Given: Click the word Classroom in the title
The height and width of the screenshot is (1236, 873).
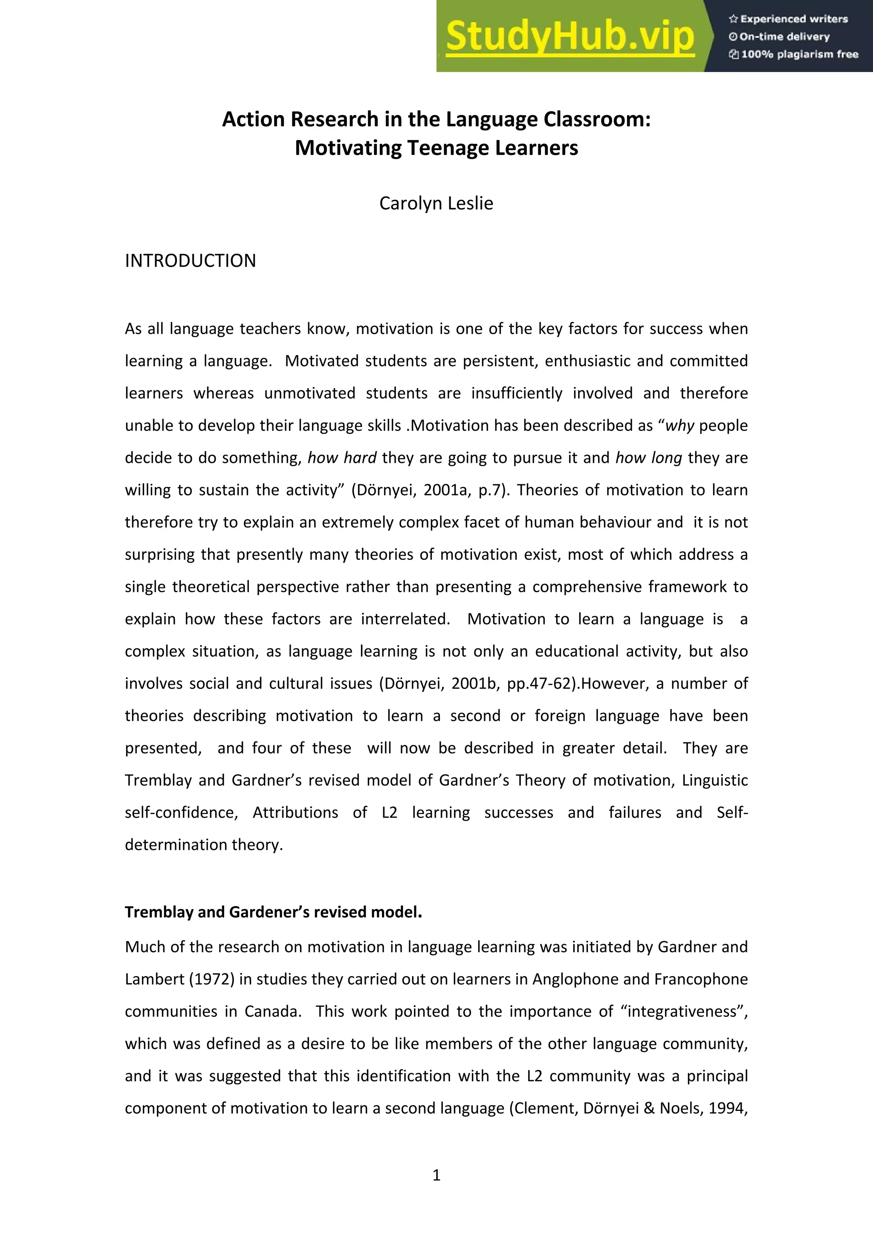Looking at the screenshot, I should pyautogui.click(x=597, y=119).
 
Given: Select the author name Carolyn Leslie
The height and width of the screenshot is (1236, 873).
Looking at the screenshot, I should pyautogui.click(x=436, y=204).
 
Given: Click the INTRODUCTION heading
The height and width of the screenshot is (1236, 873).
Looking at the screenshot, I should pyautogui.click(x=191, y=261).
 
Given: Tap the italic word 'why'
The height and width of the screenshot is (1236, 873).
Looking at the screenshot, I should pyautogui.click(x=680, y=426).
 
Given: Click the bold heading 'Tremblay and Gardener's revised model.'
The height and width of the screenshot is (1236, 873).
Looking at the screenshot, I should pyautogui.click(x=273, y=912).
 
